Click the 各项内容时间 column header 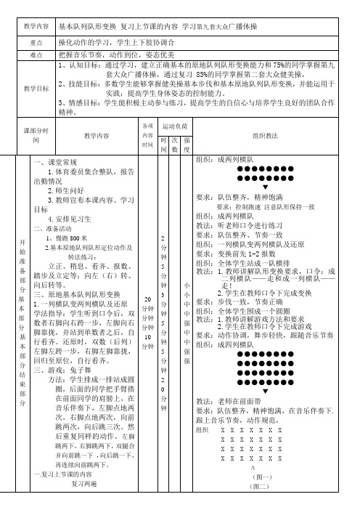point(147,134)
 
